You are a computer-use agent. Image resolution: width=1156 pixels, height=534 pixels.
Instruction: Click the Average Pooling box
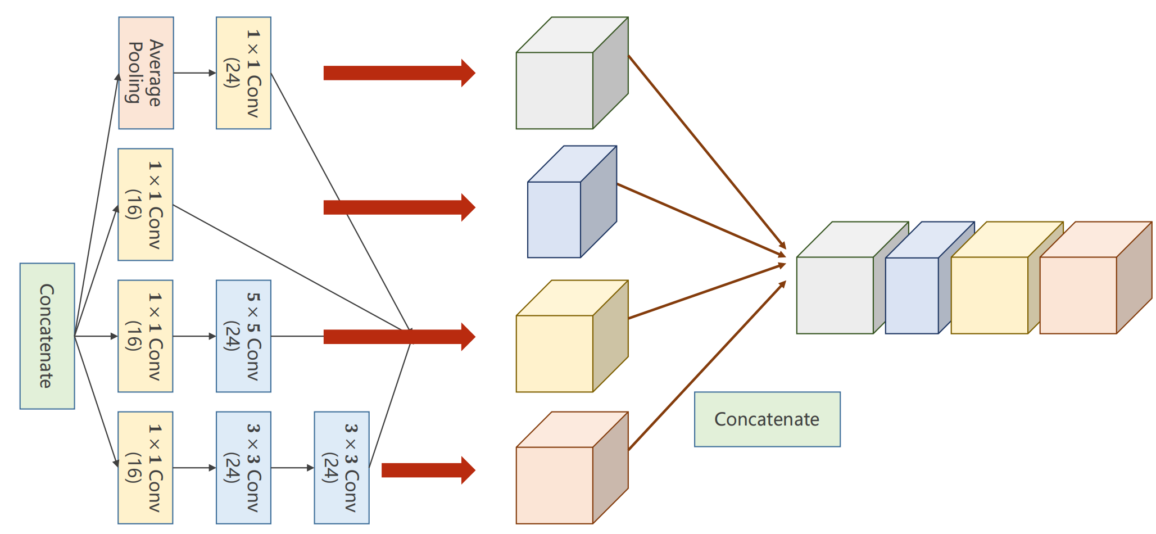(146, 73)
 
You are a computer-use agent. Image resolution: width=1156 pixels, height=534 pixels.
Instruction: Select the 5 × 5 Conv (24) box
(243, 336)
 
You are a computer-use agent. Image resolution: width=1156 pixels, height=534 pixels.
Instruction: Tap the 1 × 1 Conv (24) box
(243, 73)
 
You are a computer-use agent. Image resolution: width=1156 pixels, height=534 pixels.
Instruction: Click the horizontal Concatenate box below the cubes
(767, 419)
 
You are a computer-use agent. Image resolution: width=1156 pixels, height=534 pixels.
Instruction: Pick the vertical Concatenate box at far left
(47, 336)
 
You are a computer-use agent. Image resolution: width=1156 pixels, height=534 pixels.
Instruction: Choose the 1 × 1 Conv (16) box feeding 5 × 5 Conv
(145, 336)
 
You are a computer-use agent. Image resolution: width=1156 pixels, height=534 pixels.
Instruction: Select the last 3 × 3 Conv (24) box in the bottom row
(342, 468)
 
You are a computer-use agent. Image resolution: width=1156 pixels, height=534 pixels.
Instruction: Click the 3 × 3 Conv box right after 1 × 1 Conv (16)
(243, 468)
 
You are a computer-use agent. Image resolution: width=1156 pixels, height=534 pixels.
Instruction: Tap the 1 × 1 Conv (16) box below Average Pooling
(145, 205)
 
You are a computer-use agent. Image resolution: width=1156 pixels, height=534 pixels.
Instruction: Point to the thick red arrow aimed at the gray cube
(399, 73)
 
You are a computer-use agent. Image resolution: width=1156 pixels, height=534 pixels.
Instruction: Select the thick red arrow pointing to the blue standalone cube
(399, 207)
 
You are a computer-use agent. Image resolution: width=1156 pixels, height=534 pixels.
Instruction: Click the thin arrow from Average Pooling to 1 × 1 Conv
(194, 73)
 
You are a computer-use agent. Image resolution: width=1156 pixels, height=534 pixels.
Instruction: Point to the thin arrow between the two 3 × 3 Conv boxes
(292, 468)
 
